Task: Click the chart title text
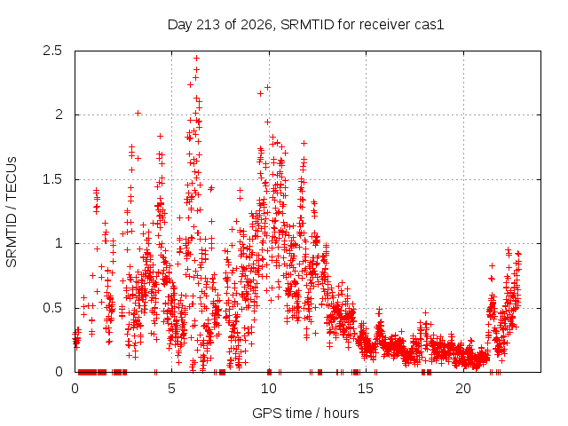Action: (305, 25)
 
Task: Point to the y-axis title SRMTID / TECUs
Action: (12, 212)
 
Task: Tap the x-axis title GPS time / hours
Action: (305, 413)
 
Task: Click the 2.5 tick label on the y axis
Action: (52, 51)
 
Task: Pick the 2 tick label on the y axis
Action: (59, 114)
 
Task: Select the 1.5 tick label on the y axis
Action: (52, 179)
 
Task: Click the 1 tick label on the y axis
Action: (59, 243)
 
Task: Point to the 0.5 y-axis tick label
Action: (52, 308)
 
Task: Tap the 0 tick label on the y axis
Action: (59, 372)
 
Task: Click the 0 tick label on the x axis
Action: (75, 389)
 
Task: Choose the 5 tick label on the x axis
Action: (171, 389)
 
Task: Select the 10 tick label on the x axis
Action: (269, 389)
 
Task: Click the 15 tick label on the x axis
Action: (366, 389)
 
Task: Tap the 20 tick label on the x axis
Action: (463, 389)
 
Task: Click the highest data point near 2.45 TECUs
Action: (197, 58)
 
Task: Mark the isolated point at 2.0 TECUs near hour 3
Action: (138, 114)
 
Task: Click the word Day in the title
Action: (179, 26)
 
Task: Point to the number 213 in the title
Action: (208, 25)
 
